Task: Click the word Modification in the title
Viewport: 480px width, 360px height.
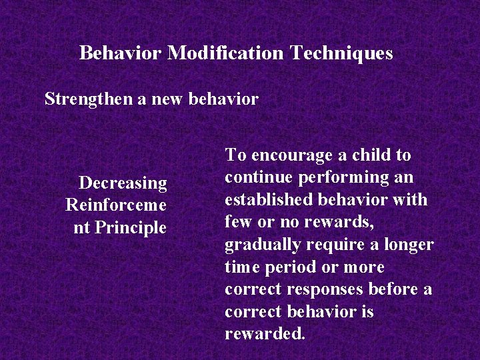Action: [225, 53]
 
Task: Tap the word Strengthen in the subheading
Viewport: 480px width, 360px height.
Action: [88, 99]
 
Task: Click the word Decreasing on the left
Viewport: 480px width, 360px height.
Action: [123, 183]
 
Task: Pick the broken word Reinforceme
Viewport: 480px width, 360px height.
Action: [116, 205]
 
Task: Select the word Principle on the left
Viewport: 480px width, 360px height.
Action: [131, 227]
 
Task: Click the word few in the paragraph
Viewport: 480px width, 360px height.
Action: [238, 222]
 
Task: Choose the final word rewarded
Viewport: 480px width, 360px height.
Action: [265, 334]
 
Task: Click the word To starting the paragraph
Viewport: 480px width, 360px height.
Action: [235, 155]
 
